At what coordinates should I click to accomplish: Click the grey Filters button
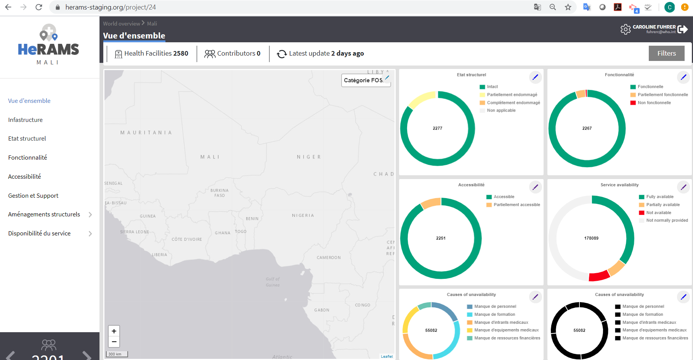(x=666, y=53)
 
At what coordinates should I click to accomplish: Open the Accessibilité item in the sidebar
(x=24, y=176)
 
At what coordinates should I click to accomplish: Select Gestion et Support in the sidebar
(x=33, y=195)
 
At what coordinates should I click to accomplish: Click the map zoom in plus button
(x=114, y=331)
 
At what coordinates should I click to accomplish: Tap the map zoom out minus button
(x=114, y=342)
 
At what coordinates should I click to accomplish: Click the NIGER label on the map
(x=309, y=157)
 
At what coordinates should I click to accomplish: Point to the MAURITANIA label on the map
(x=146, y=133)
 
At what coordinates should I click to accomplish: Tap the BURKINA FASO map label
(x=220, y=193)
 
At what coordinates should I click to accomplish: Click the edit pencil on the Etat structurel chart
(x=535, y=77)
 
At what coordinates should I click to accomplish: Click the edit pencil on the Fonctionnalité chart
(x=683, y=77)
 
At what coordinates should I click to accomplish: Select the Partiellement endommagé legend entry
(x=512, y=94)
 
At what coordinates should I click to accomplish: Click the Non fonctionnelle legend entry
(x=654, y=102)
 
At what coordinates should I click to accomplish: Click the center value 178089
(x=591, y=238)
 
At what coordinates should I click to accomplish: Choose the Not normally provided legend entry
(x=667, y=220)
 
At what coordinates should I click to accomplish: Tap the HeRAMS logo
(x=48, y=45)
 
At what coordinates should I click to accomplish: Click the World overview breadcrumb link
(x=122, y=24)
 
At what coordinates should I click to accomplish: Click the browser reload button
(x=39, y=7)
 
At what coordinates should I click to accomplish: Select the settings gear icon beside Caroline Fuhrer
(x=626, y=29)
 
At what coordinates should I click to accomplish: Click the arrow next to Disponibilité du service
(x=90, y=234)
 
